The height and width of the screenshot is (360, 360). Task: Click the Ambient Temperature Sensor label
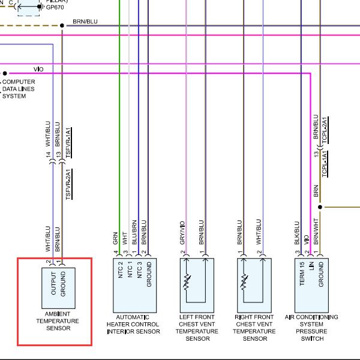tap(58, 321)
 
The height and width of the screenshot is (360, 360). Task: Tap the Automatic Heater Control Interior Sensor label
tap(133, 324)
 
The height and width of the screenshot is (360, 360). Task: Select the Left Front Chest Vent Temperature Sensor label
tap(197, 328)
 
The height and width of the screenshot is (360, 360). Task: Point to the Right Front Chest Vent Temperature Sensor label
tap(254, 328)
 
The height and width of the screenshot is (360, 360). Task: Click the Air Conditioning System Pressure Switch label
tap(311, 328)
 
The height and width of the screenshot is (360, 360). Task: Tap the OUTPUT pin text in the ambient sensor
tap(53, 283)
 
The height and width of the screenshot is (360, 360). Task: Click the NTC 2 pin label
tap(121, 270)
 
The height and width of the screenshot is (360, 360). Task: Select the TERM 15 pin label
tap(302, 274)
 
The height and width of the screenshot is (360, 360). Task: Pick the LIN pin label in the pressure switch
tap(311, 266)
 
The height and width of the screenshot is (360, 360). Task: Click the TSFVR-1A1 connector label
tap(68, 143)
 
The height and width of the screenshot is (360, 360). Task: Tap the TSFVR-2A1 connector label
tap(69, 184)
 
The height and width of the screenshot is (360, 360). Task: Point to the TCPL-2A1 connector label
tap(325, 130)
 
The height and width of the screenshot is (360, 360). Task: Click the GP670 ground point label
tap(55, 7)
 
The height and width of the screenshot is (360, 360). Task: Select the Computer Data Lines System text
tap(19, 89)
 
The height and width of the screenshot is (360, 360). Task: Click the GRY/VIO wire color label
tap(182, 233)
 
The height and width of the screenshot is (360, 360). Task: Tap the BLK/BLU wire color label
tap(296, 233)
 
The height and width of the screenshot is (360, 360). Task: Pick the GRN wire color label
tap(115, 238)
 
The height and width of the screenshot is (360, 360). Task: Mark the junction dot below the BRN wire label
tap(320, 207)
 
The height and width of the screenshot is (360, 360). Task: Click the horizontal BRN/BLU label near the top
tap(85, 22)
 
